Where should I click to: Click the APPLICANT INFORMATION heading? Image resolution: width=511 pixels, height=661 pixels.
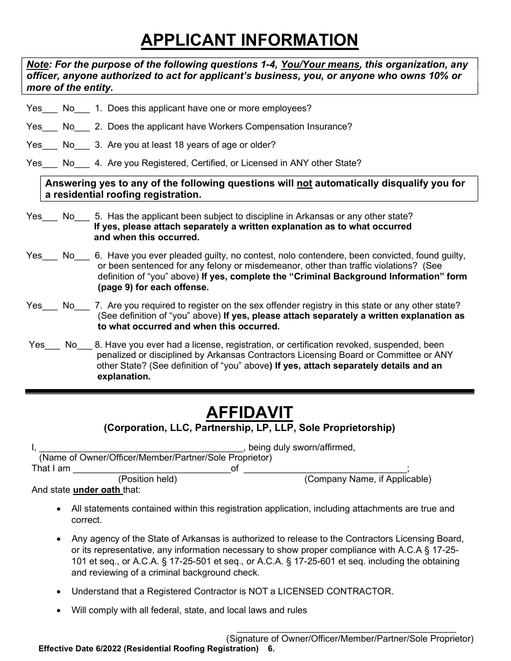click(249, 40)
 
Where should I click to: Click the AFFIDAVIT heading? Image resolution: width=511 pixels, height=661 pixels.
click(249, 413)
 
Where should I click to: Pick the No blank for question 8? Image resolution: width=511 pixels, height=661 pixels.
click(85, 346)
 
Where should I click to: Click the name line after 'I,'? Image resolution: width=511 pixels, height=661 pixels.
click(141, 449)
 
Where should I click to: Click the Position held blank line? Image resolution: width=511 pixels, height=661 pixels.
click(151, 470)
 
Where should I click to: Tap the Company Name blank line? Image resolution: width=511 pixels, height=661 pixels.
click(325, 470)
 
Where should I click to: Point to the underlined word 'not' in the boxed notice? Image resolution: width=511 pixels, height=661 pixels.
click(304, 184)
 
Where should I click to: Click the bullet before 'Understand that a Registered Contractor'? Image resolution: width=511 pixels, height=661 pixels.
click(59, 591)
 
